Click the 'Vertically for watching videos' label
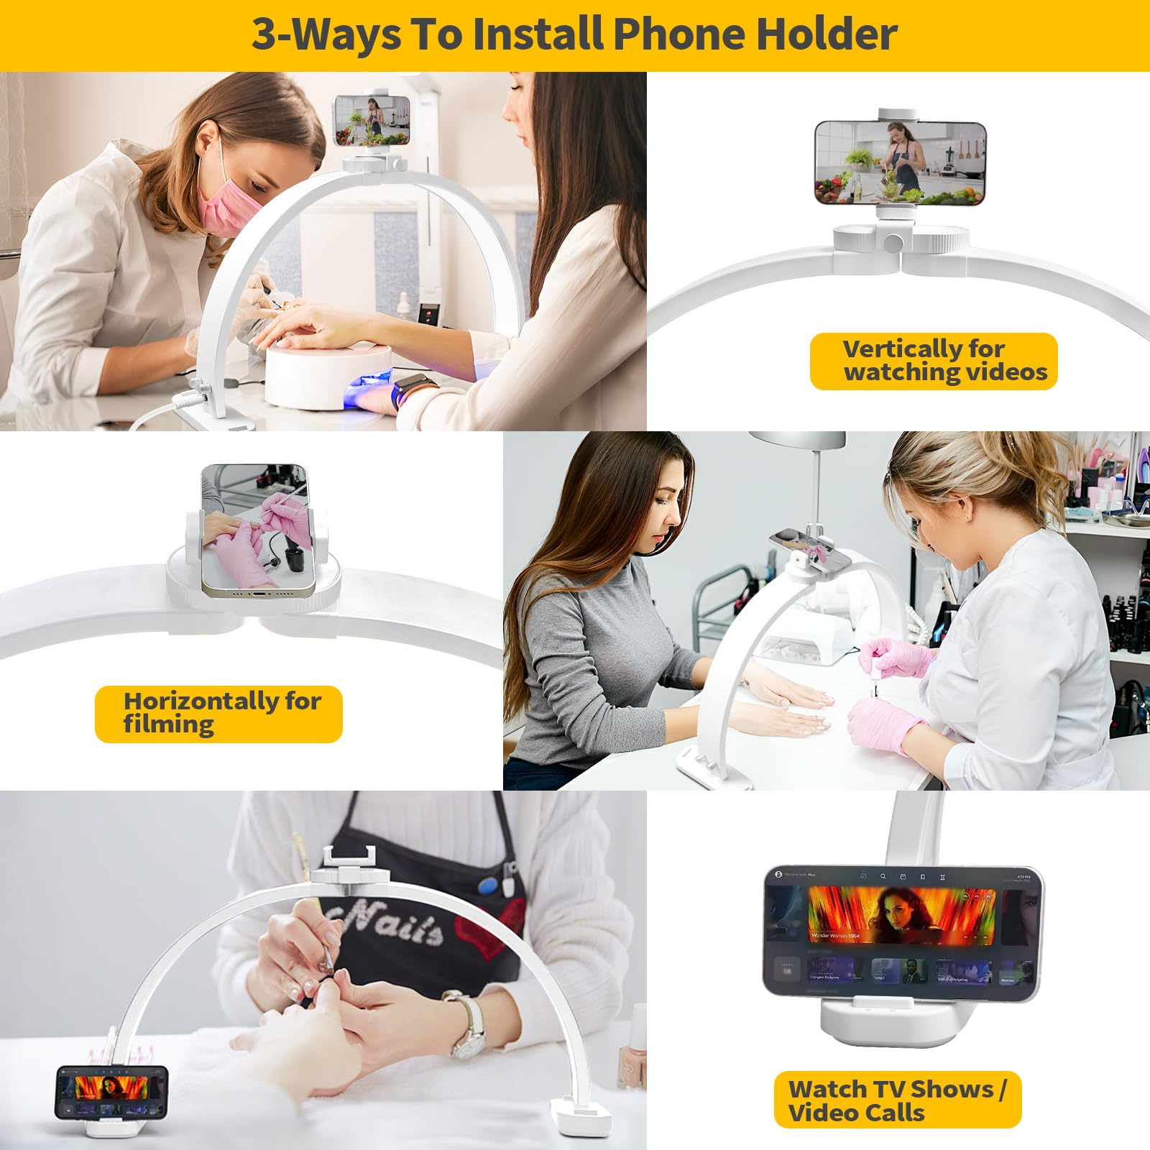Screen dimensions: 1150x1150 [933, 361]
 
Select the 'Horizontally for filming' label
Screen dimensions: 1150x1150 [218, 714]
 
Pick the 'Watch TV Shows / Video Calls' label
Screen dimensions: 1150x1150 [897, 1100]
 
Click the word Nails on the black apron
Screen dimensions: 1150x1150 [388, 924]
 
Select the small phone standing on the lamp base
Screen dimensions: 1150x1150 [111, 1092]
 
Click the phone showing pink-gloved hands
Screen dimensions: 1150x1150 [257, 530]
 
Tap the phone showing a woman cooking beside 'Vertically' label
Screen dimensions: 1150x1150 [900, 162]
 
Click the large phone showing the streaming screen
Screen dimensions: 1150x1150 [902, 933]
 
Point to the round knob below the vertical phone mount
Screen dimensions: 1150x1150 [893, 242]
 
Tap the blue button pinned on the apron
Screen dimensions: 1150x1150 [489, 885]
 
